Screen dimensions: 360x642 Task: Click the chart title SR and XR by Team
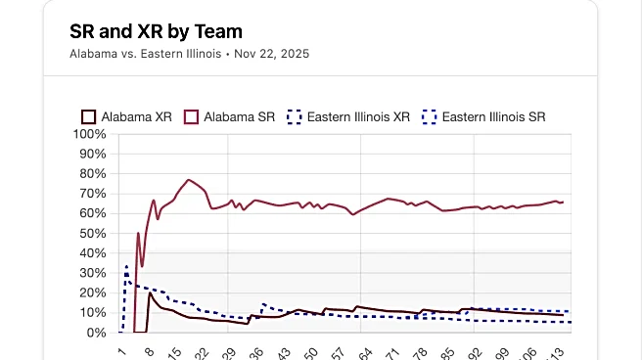[x=156, y=31]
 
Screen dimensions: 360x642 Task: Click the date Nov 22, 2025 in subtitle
[x=271, y=53]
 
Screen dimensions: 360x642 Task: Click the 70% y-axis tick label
[x=95, y=194]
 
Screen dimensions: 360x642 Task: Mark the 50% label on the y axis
[x=95, y=233]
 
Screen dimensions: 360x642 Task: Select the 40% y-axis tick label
[x=95, y=253]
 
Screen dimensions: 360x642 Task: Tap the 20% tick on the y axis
[x=95, y=292]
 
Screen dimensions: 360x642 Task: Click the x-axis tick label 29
[x=230, y=352]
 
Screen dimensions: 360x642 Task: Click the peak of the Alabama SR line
[x=189, y=180]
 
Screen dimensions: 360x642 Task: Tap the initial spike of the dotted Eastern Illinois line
[x=126, y=265]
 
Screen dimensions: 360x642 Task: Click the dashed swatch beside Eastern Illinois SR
[x=428, y=116]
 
